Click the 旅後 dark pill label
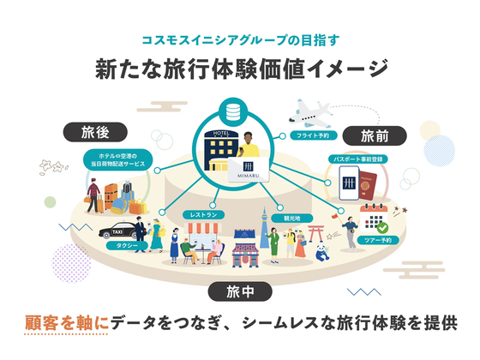tap(95, 132)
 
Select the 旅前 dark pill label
tap(375, 135)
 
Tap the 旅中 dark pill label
tap(240, 291)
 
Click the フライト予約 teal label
tap(313, 135)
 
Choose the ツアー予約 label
tap(378, 240)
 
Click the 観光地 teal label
tap(292, 219)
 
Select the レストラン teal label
tap(203, 215)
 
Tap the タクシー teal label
tap(127, 245)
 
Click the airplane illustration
tap(309, 114)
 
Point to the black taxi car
tap(118, 231)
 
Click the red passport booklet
tap(368, 186)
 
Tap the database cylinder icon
tap(233, 111)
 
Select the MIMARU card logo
tap(249, 170)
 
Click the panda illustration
tap(322, 253)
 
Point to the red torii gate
tap(316, 233)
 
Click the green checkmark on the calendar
tap(382, 228)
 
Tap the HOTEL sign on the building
tap(221, 133)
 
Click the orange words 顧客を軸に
tap(67, 323)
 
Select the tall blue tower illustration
tap(264, 227)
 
